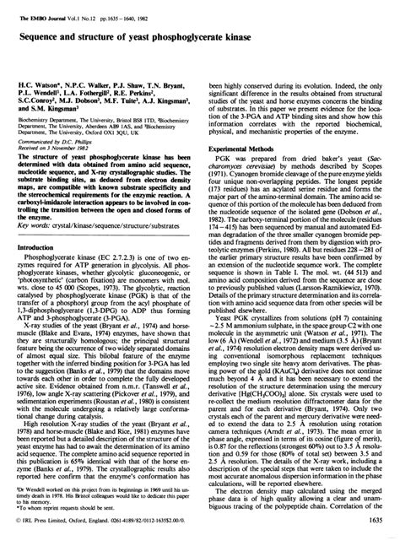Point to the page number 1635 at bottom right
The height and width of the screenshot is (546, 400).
click(x=374, y=532)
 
